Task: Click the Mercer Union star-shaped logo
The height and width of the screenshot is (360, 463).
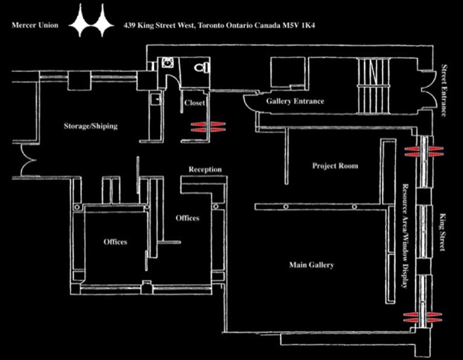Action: click(x=92, y=20)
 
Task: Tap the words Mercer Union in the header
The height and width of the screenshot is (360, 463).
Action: click(x=35, y=25)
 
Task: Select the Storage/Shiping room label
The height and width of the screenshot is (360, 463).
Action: click(x=91, y=126)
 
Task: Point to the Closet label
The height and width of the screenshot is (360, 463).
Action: click(x=195, y=103)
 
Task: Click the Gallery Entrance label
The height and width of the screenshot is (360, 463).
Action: click(x=295, y=101)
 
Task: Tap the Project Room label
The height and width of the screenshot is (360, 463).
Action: click(x=335, y=166)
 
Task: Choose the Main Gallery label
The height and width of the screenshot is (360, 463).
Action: click(x=311, y=265)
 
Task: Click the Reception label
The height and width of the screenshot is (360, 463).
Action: click(x=205, y=169)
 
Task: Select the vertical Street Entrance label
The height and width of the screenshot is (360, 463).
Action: click(x=443, y=90)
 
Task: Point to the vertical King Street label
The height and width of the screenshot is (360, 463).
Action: click(x=442, y=233)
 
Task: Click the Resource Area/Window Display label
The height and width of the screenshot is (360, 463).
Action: click(x=405, y=236)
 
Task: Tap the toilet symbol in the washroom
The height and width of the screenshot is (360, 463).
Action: click(x=202, y=67)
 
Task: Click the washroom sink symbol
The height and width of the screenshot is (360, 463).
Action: click(x=167, y=63)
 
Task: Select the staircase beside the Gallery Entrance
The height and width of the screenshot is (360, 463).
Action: click(x=373, y=85)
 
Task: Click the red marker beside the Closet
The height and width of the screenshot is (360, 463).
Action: click(x=208, y=127)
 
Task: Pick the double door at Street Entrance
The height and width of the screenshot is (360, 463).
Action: click(x=427, y=90)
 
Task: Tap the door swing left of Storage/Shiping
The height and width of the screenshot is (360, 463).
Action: click(x=27, y=160)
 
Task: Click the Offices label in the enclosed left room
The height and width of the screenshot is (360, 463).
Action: click(x=115, y=242)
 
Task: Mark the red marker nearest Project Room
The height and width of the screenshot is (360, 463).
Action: click(x=424, y=151)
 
